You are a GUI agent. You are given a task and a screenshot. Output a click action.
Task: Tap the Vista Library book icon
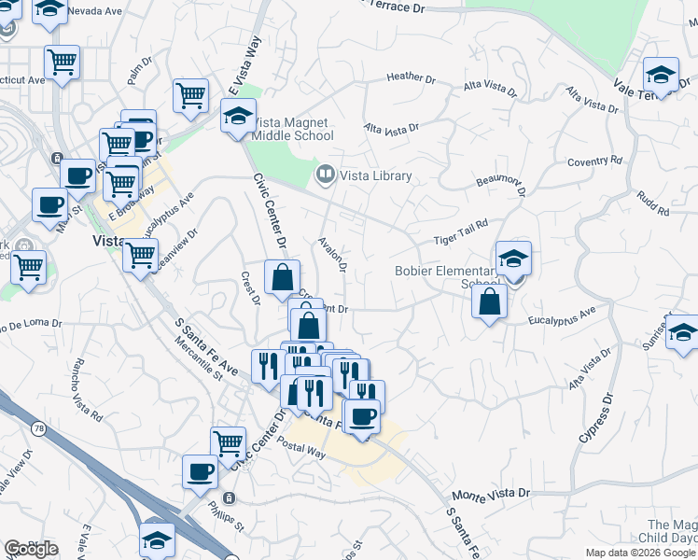coord(326,175)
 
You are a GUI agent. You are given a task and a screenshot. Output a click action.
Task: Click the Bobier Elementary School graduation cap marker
coord(512,259)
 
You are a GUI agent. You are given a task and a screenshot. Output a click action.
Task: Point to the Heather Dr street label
coord(411,78)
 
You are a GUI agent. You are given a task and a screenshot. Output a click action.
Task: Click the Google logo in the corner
coord(31,548)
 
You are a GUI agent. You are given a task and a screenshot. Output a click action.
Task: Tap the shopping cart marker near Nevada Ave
coord(62,63)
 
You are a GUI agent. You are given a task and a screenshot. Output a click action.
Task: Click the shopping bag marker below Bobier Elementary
coord(489,301)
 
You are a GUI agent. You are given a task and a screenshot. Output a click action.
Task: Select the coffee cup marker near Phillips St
coord(200,471)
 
